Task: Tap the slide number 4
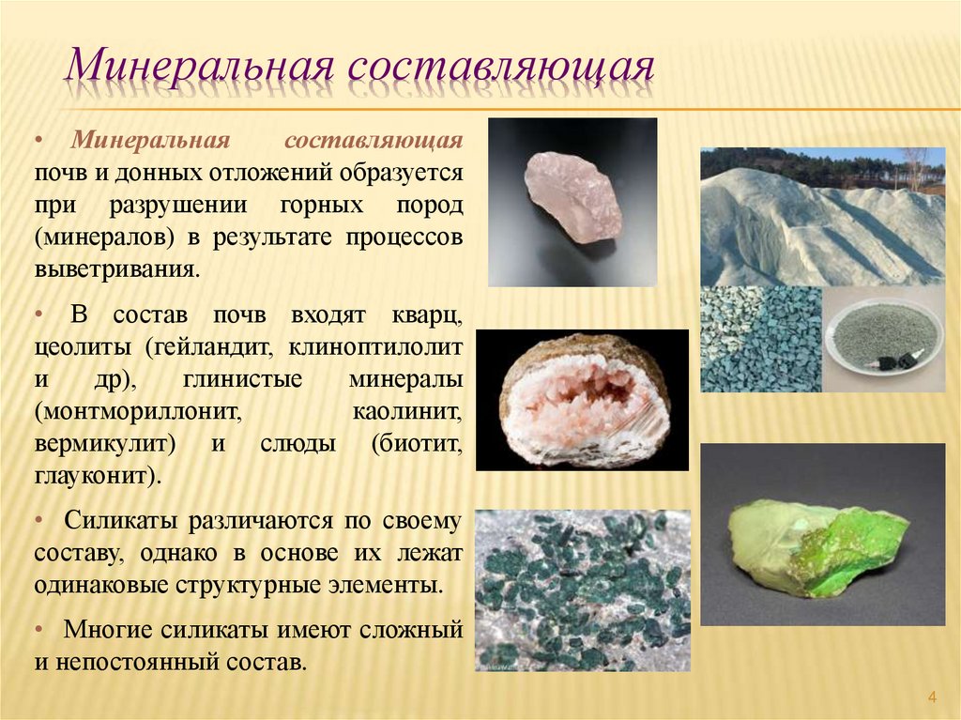[932, 696]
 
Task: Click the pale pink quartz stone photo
[572, 202]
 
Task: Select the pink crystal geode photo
[582, 399]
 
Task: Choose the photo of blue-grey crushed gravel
[760, 339]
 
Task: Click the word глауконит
[94, 475]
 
